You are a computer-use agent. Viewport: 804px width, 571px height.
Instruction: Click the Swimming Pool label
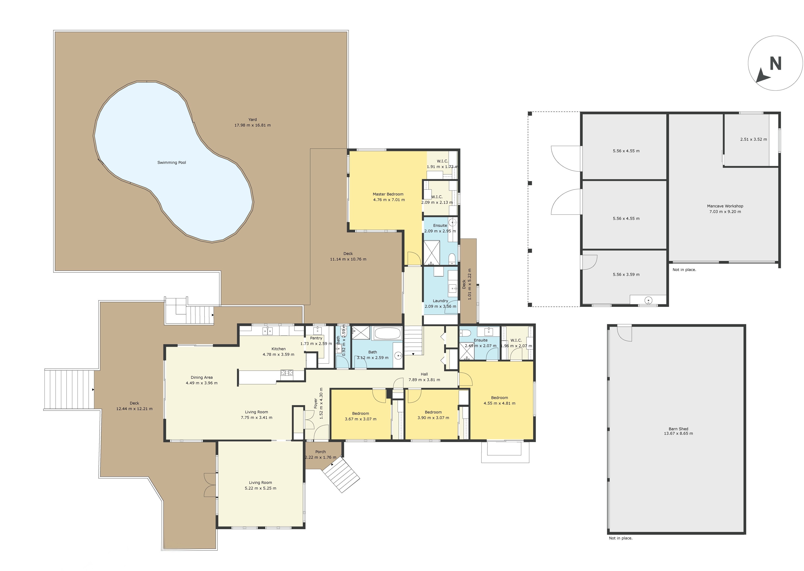coord(172,162)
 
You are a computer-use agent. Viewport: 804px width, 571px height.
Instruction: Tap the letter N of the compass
coord(775,64)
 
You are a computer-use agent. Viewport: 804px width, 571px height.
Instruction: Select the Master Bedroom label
coord(388,194)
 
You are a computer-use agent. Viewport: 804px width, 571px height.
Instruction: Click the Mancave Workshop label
coord(725,206)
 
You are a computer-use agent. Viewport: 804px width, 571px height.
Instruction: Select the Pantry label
coord(316,338)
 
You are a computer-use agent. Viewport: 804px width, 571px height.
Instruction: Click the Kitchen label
coord(278,349)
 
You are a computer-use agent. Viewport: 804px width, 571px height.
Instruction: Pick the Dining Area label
coord(202,377)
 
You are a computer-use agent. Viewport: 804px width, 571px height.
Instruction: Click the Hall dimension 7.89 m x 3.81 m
coord(424,380)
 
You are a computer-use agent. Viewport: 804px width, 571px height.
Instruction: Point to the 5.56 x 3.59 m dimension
coord(626,275)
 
